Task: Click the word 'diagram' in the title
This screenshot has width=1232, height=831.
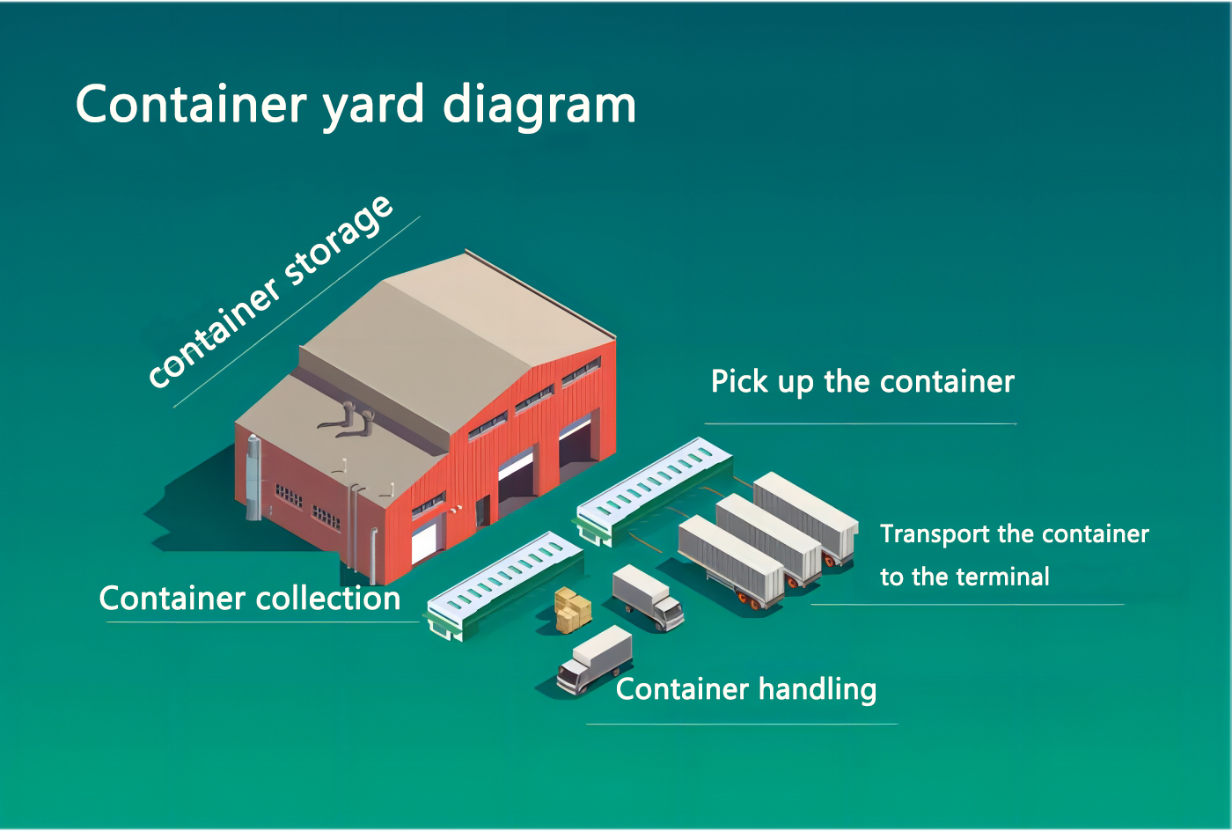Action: (x=539, y=107)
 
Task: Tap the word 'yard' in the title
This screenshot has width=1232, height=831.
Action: (x=373, y=107)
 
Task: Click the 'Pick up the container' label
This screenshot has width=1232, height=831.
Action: (x=862, y=382)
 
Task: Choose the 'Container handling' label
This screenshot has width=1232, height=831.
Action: (x=746, y=690)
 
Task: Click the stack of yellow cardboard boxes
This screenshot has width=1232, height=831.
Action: (x=573, y=610)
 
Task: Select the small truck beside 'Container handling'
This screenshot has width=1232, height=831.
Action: (x=595, y=659)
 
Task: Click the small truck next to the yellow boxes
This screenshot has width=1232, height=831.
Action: (x=649, y=599)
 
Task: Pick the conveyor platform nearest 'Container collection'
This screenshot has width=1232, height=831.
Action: (x=505, y=585)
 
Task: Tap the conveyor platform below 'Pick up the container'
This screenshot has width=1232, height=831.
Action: (x=655, y=490)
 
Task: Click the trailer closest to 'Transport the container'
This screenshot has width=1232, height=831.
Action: (x=806, y=518)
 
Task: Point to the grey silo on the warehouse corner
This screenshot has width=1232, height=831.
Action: (x=253, y=478)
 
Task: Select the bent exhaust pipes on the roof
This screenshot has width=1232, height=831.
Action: (x=347, y=419)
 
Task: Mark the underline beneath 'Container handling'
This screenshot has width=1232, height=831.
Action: (x=742, y=724)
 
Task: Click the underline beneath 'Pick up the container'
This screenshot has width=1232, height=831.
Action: (x=861, y=423)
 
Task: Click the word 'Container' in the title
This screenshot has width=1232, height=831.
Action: (x=191, y=104)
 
